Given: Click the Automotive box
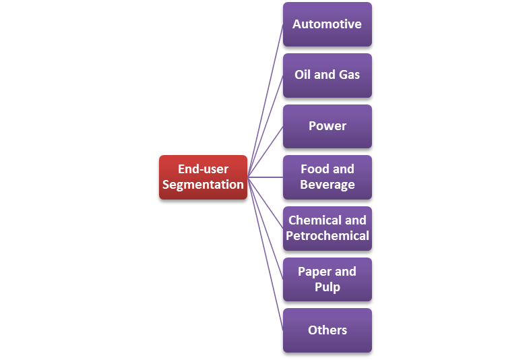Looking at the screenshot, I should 327,24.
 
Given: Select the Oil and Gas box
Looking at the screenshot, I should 327,75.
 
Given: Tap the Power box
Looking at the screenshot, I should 327,126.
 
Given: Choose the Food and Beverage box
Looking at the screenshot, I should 327,177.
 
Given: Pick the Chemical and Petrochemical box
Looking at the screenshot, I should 327,228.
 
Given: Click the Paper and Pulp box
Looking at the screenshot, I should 327,279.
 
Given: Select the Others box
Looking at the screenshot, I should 327,330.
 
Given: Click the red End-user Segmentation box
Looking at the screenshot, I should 203,177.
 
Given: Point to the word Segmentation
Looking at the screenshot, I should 203,185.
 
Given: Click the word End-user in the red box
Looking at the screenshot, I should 203,169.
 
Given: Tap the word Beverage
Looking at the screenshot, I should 327,185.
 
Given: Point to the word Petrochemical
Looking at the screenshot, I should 327,236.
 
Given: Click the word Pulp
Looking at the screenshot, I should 327,287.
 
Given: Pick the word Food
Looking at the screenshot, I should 314,169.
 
